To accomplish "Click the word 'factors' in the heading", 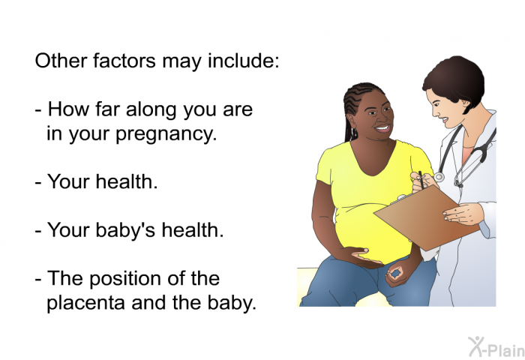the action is (124, 61).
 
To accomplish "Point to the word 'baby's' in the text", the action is (125, 231).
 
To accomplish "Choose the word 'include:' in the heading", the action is (244, 61).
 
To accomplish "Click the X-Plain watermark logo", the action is (496, 347).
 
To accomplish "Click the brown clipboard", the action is (425, 217).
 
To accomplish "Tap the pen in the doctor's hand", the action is (421, 180).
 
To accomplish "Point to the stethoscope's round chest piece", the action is (439, 177).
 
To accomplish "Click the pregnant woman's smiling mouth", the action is (382, 128).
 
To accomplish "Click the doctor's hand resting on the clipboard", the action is (463, 214).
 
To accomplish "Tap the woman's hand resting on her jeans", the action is (397, 275).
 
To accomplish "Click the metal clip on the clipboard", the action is (401, 199).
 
